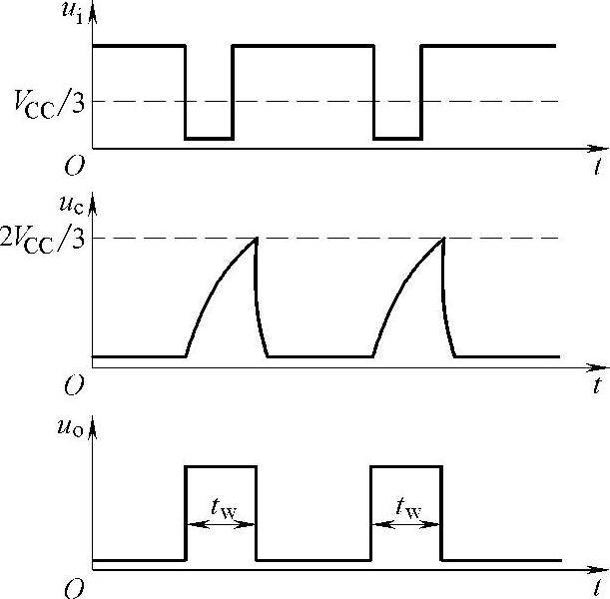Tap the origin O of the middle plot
74,383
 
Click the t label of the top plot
596,166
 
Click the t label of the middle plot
596,384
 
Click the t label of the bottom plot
596,587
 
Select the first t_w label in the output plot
222,507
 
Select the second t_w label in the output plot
406,507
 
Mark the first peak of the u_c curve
256,238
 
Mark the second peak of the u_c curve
443,238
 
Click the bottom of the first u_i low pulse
209,138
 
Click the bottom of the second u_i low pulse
397,138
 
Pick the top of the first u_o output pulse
221,466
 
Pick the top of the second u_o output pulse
406,466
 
